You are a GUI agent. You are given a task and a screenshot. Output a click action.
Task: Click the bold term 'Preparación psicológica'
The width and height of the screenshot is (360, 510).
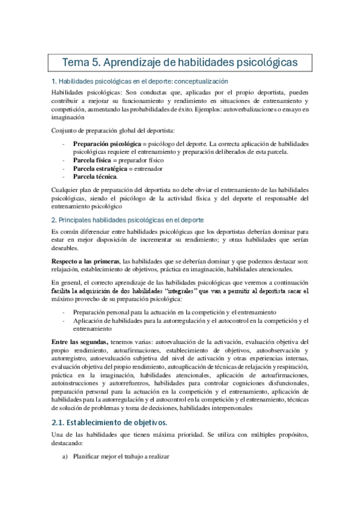point(106,144)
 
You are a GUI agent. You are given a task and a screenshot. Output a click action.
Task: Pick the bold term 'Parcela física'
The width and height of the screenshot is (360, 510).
point(93,161)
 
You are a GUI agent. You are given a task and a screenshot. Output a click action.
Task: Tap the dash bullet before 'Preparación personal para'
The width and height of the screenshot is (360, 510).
point(64,313)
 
